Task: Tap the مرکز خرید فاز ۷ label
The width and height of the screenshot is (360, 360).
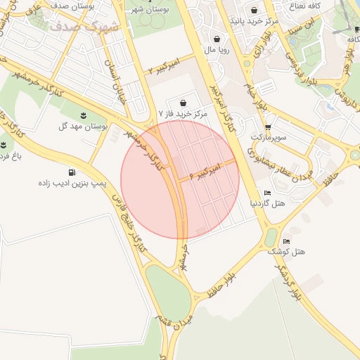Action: (x=183, y=113)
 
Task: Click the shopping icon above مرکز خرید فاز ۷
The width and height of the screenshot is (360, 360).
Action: (x=183, y=103)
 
